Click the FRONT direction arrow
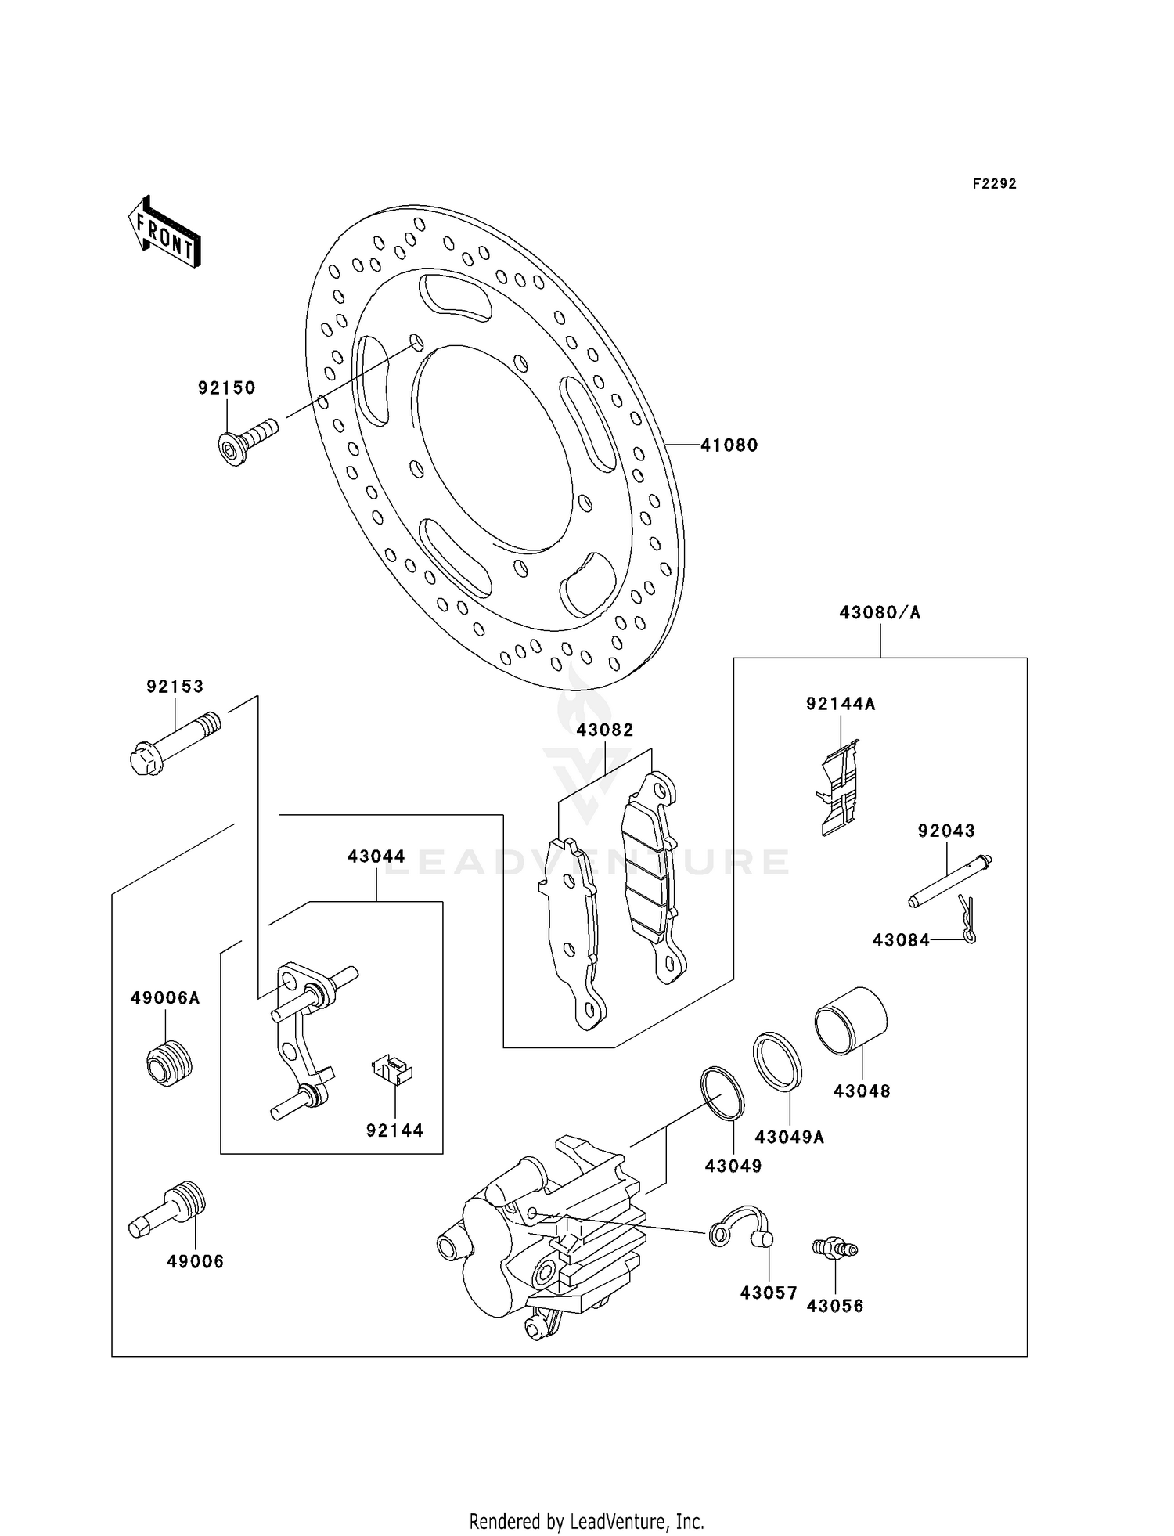click(164, 233)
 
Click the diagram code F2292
click(994, 184)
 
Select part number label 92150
click(226, 388)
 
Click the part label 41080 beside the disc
click(729, 445)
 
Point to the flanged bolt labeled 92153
click(174, 742)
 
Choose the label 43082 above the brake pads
click(604, 730)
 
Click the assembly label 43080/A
click(880, 612)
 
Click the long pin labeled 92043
click(949, 881)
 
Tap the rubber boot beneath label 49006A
click(169, 1062)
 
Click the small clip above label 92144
click(393, 1070)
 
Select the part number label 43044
click(376, 856)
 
